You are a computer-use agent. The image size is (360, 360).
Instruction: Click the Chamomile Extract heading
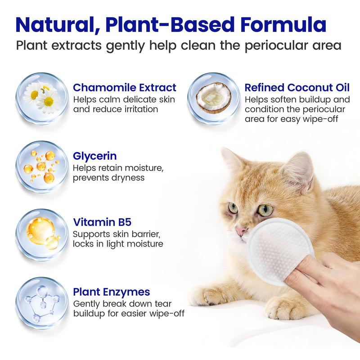pyautogui.click(x=125, y=87)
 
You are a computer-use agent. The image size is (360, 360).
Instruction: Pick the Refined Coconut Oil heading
pyautogui.click(x=297, y=87)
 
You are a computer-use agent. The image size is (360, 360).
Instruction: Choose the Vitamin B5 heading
pyautogui.click(x=102, y=222)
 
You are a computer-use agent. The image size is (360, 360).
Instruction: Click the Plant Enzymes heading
pyautogui.click(x=112, y=292)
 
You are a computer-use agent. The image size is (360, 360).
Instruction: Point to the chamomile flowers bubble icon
pyautogui.click(x=42, y=99)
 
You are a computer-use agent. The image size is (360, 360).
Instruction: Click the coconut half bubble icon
pyautogui.click(x=214, y=99)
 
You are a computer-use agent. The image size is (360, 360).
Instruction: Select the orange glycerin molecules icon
pyautogui.click(x=42, y=167)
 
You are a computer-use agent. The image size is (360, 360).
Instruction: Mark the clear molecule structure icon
pyautogui.click(x=42, y=303)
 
